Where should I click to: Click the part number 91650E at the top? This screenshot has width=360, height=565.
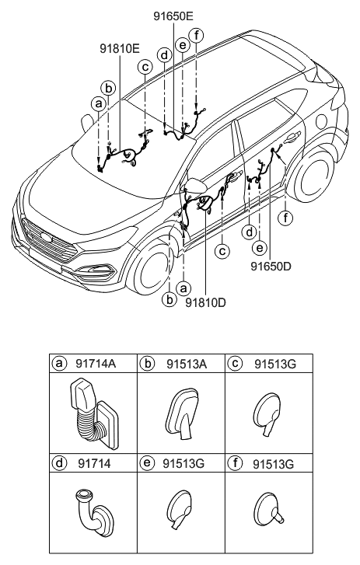tap(173, 16)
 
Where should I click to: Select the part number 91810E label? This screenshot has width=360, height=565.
tap(120, 49)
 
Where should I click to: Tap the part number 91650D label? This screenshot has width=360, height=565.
tap(271, 267)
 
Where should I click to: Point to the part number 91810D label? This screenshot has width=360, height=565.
tap(205, 302)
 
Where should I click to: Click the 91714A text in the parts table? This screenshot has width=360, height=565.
tap(96, 364)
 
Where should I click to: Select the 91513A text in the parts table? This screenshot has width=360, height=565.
tap(187, 364)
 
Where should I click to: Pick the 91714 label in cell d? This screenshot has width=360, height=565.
tap(94, 463)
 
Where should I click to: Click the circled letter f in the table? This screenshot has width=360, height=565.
tap(236, 462)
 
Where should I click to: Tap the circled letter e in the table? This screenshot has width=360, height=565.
tap(147, 462)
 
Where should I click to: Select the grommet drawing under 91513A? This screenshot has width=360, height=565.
tap(183, 413)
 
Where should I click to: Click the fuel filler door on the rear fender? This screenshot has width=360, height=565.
tap(322, 120)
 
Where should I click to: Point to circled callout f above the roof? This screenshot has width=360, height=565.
tap(197, 35)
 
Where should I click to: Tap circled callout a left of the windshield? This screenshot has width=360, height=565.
tap(98, 103)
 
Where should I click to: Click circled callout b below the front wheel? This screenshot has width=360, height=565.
tap(169, 299)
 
